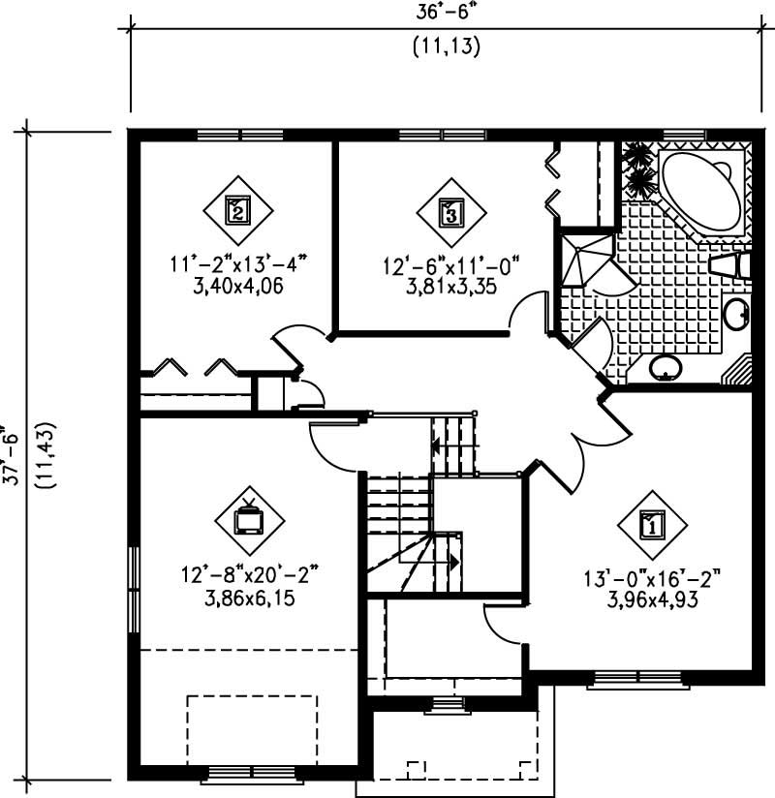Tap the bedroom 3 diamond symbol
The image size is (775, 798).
pos(451,210)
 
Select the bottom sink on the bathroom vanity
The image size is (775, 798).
pos(665,366)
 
